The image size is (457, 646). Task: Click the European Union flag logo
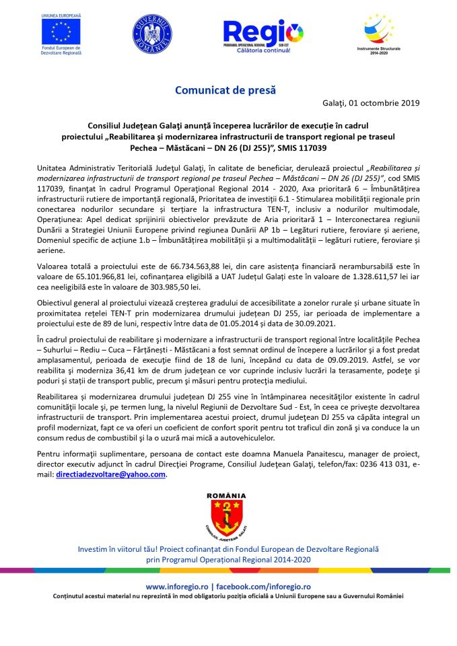(61, 31)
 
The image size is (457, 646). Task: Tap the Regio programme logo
(263, 35)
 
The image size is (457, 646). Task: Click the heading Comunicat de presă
(225, 89)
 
